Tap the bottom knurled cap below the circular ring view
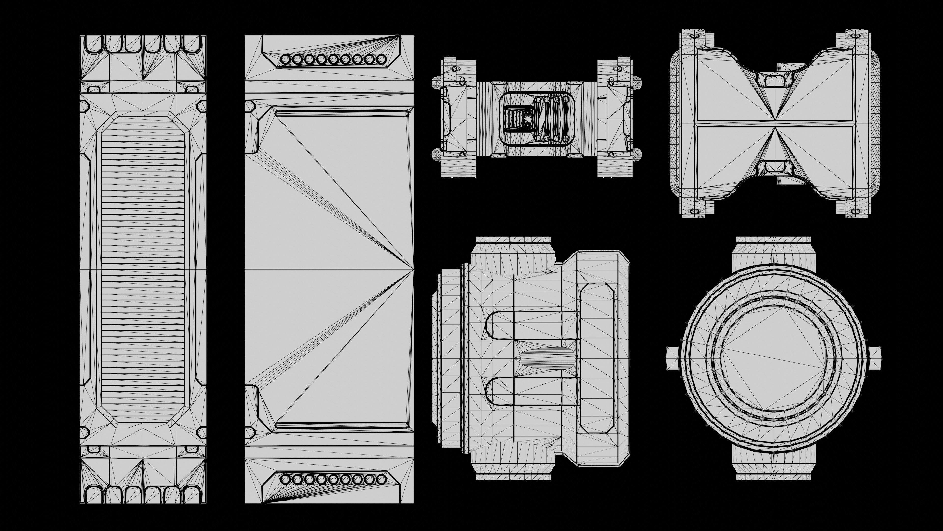tap(774, 477)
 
